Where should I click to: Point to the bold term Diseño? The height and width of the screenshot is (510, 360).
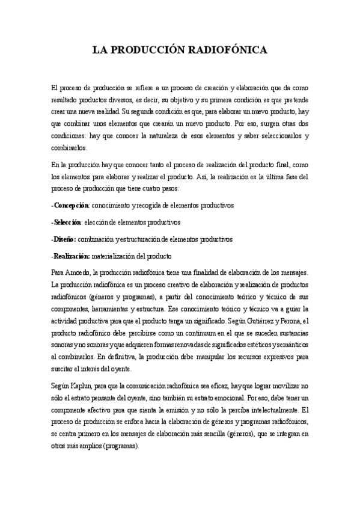point(65,239)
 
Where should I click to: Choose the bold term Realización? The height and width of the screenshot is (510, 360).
point(72,256)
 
